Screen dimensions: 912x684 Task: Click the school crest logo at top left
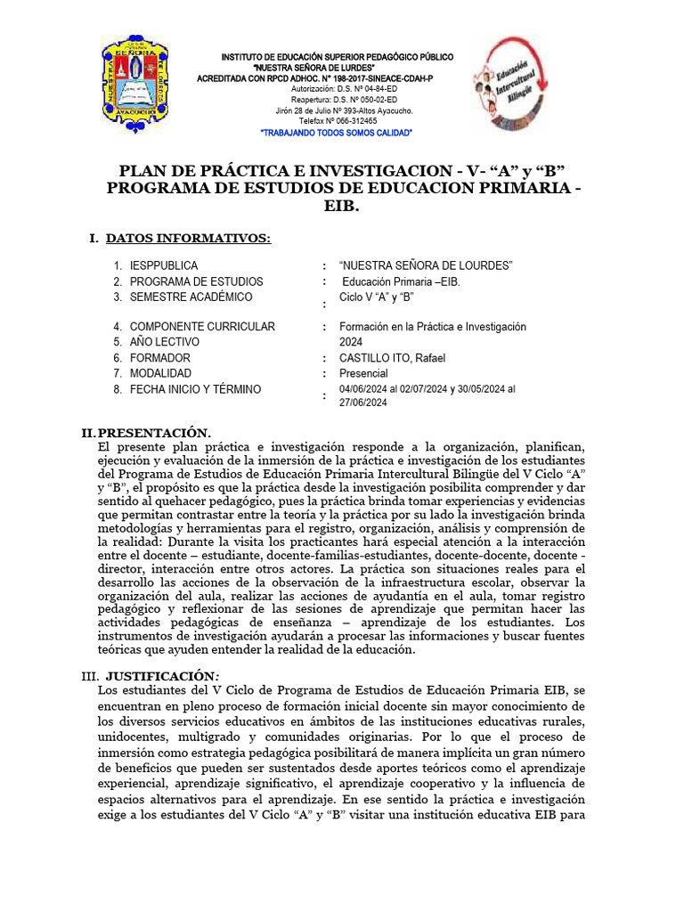pyautogui.click(x=137, y=87)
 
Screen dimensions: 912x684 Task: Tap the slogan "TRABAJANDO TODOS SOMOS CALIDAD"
pyautogui.click(x=336, y=132)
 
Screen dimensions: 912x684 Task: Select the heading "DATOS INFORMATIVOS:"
pyautogui.click(x=187, y=238)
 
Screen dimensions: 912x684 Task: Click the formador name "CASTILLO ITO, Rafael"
pyautogui.click(x=392, y=358)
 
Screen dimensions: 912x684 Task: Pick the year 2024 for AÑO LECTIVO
pyautogui.click(x=351, y=342)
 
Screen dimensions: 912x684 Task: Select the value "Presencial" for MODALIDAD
pyautogui.click(x=363, y=374)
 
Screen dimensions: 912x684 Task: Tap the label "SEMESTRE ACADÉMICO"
pyautogui.click(x=191, y=297)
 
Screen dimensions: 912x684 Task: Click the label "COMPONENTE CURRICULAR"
pyautogui.click(x=202, y=327)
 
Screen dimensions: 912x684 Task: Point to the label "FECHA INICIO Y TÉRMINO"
pyautogui.click(x=195, y=389)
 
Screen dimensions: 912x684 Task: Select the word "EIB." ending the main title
pyautogui.click(x=343, y=206)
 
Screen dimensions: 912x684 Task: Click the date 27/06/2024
pyautogui.click(x=363, y=403)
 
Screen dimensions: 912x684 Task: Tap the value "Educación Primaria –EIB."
pyautogui.click(x=402, y=281)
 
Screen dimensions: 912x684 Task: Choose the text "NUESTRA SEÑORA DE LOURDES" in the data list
pyautogui.click(x=427, y=266)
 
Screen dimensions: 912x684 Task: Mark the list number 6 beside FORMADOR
pyautogui.click(x=117, y=358)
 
